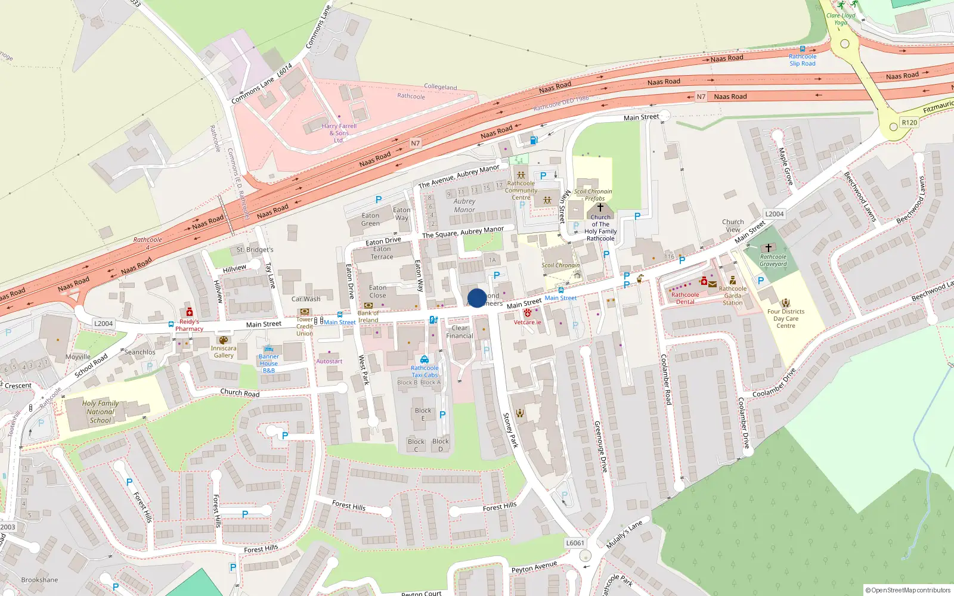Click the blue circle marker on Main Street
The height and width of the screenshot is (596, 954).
tap(477, 298)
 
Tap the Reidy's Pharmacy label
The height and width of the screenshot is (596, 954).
tap(189, 325)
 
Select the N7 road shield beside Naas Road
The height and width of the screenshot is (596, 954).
tap(416, 143)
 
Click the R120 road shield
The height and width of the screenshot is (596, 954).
tap(909, 123)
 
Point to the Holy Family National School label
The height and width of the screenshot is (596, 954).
tap(100, 412)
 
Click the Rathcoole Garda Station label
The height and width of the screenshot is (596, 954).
tap(733, 296)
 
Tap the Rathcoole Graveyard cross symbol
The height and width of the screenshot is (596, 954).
tap(769, 248)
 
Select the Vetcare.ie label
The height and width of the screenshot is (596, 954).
tap(528, 322)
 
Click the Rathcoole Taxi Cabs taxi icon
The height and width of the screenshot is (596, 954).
tap(424, 359)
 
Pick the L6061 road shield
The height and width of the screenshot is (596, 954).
tap(575, 543)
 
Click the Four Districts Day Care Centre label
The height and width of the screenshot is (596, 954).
tap(785, 319)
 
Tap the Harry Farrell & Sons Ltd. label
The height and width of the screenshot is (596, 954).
tap(339, 133)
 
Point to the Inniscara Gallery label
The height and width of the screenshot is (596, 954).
tap(224, 352)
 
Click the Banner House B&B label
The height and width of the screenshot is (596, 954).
tap(269, 364)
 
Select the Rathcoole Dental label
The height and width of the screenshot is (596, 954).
tap(685, 298)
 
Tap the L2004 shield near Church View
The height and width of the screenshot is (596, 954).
tap(774, 214)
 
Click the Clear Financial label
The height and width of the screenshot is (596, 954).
tap(460, 332)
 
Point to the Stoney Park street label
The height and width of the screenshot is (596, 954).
tap(510, 430)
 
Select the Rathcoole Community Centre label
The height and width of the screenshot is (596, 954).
tap(521, 190)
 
